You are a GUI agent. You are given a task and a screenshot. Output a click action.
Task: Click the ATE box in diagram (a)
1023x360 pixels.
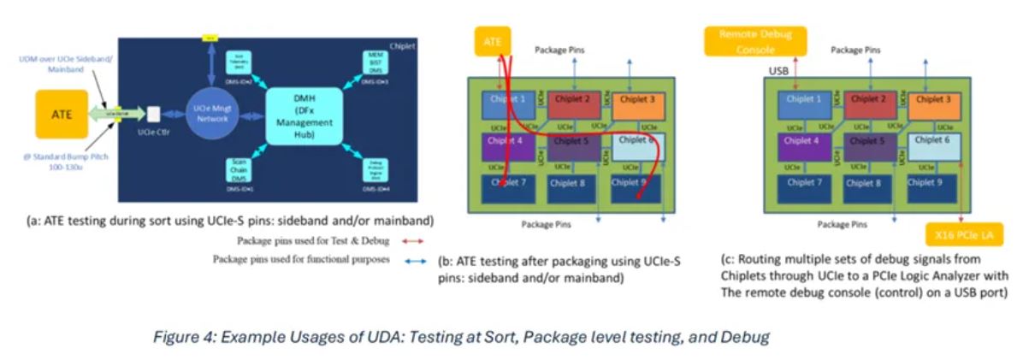pos(61,114)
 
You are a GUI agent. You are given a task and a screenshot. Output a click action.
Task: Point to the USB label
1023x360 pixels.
pos(778,70)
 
